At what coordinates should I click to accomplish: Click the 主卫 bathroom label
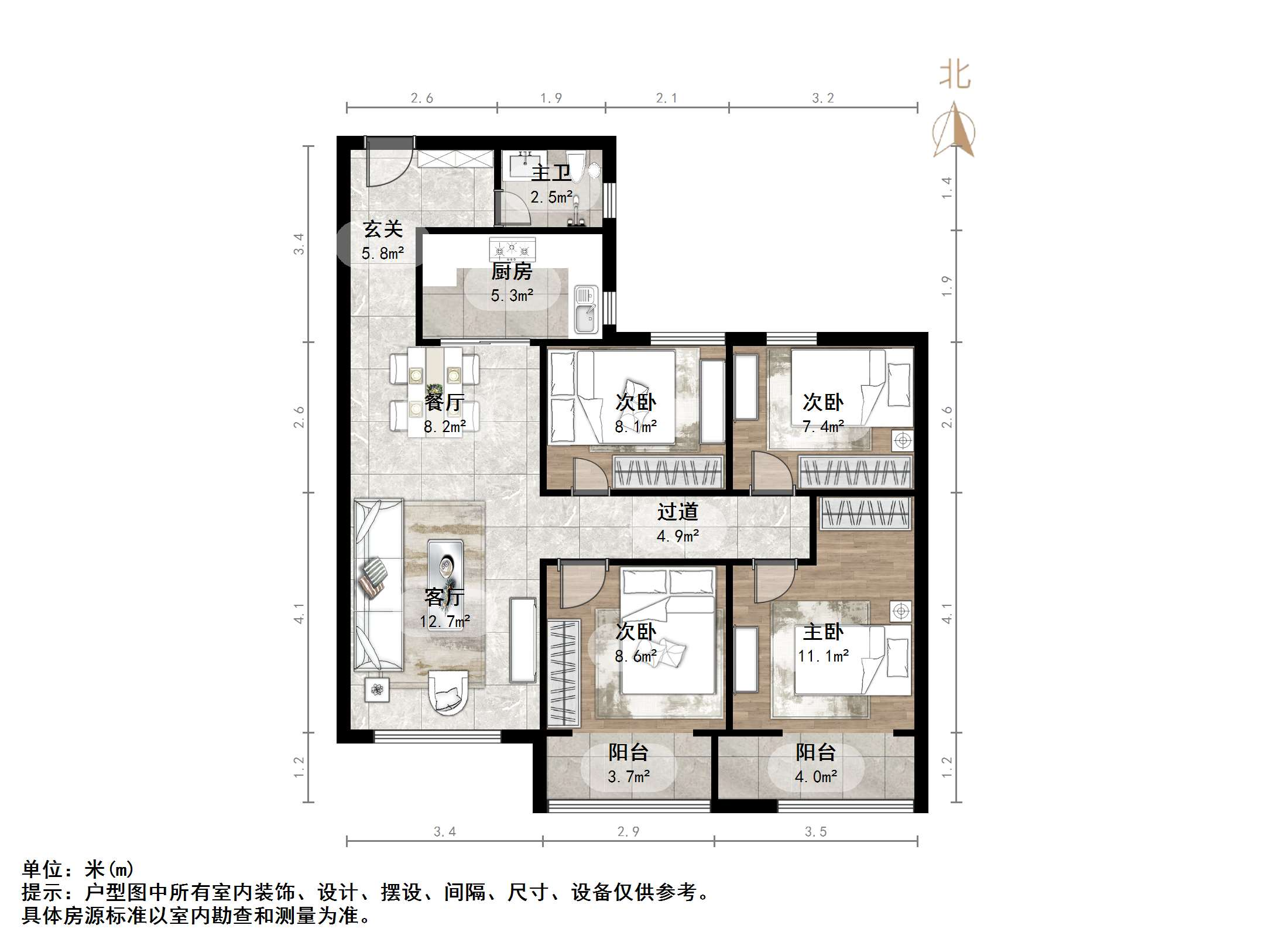click(x=550, y=173)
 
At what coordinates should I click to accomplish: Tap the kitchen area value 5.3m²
click(x=512, y=296)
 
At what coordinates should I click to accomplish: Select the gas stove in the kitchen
click(x=512, y=249)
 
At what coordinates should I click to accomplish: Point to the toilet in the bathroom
click(x=578, y=166)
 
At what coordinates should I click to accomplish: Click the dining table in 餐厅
click(x=434, y=390)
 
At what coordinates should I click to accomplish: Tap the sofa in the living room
click(x=378, y=585)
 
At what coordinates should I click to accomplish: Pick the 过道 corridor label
click(x=677, y=512)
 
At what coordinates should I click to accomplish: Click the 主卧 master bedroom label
click(x=822, y=632)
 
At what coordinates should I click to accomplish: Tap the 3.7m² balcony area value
click(x=628, y=777)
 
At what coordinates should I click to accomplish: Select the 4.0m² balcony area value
click(x=815, y=777)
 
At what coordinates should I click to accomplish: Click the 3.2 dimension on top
click(x=822, y=98)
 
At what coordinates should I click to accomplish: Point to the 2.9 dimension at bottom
click(x=628, y=832)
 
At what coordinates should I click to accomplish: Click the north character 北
click(x=955, y=76)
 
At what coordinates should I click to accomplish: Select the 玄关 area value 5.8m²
click(x=382, y=253)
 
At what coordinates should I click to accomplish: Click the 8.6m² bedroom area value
click(x=635, y=656)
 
